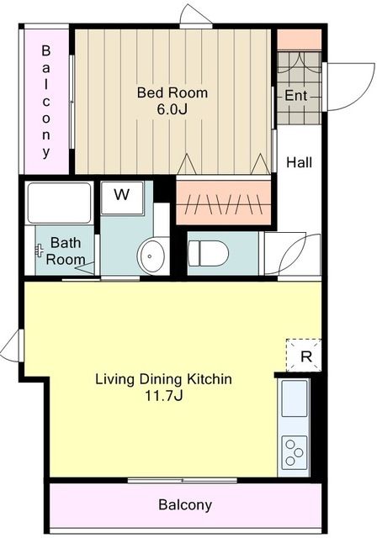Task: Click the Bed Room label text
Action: [172, 92]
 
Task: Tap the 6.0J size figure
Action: [172, 109]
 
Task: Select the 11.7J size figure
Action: [163, 396]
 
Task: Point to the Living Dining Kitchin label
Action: [163, 379]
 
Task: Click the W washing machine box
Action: [122, 198]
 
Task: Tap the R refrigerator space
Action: [304, 356]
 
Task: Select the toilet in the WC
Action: [209, 254]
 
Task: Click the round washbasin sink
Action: [151, 256]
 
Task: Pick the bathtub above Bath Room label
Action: [60, 203]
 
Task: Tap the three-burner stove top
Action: [294, 452]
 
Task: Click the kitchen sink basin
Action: [294, 398]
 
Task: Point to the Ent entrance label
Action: [296, 95]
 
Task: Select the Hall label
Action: [300, 162]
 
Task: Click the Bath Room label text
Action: [66, 251]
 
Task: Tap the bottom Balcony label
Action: [185, 504]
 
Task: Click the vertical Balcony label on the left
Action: [46, 102]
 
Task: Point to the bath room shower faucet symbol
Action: [40, 251]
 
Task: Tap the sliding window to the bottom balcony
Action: [182, 480]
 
